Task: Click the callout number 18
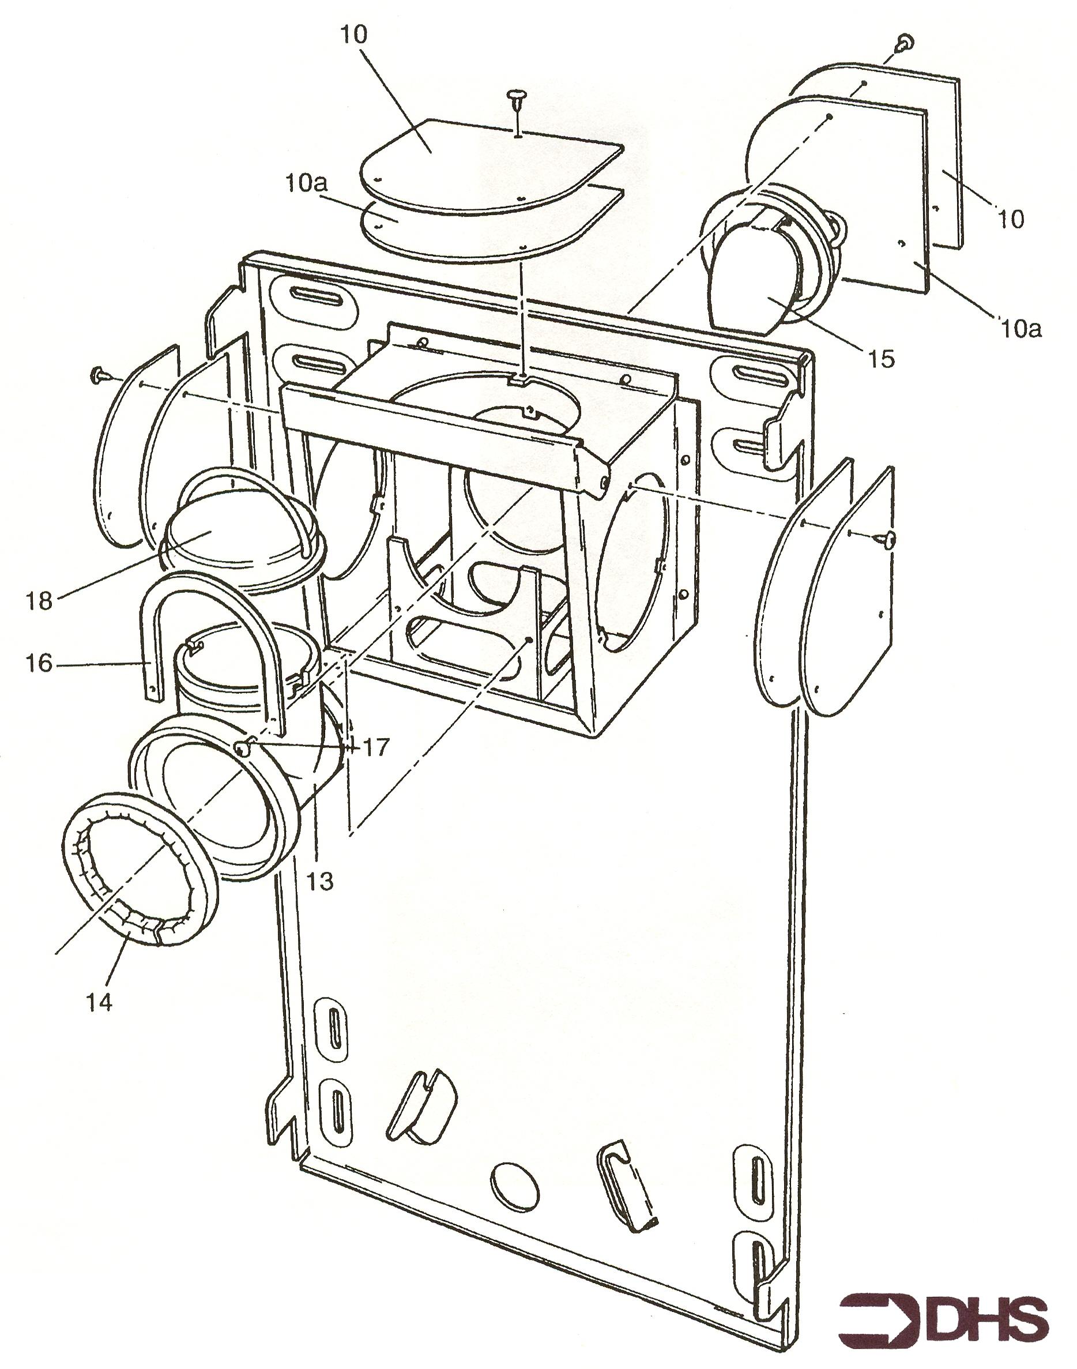[39, 600]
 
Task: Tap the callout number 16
[39, 663]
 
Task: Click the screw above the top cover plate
[516, 101]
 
